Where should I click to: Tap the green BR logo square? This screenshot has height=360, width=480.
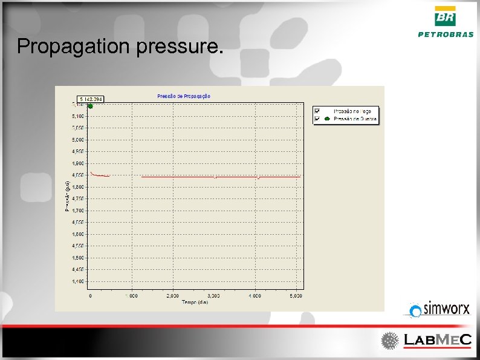(x=446, y=16)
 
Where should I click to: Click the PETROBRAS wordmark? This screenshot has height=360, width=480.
(x=446, y=34)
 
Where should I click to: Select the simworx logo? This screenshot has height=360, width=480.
(x=439, y=309)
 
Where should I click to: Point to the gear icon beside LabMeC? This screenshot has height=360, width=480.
(x=389, y=341)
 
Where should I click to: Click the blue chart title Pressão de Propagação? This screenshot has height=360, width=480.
(x=184, y=96)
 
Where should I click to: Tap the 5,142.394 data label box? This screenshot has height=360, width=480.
(x=91, y=99)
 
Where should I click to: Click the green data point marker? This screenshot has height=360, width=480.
(x=90, y=106)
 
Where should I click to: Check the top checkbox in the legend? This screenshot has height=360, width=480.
(x=317, y=111)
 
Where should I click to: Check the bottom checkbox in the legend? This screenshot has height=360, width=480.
(x=317, y=119)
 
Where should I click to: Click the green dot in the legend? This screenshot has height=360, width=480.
(x=327, y=119)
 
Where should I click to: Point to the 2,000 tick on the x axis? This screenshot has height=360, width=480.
(x=172, y=296)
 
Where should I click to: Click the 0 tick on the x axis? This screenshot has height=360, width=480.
(x=90, y=296)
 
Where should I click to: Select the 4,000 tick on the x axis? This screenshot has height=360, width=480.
(x=255, y=296)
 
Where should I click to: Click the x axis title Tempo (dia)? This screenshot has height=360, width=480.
(x=195, y=303)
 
